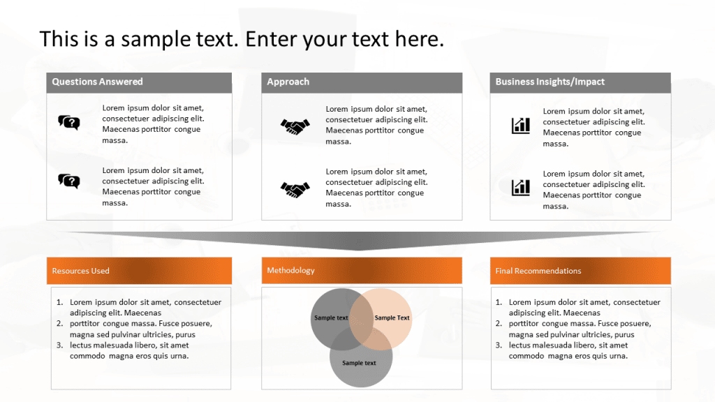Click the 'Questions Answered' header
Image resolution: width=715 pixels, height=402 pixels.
97,82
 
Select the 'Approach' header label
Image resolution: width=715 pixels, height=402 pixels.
288,82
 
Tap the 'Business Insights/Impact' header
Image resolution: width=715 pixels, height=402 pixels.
550,82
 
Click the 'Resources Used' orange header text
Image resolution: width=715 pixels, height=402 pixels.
80,271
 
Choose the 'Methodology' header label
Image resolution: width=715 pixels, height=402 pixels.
290,270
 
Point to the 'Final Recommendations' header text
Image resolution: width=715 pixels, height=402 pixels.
538,271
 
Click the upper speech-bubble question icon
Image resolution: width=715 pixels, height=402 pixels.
68,123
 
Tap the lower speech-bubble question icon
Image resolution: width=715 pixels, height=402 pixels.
68,181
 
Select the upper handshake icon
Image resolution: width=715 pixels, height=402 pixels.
295,126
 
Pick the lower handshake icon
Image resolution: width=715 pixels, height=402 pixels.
295,188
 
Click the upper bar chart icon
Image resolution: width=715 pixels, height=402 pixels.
520,126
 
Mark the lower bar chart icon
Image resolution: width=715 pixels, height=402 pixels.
520,187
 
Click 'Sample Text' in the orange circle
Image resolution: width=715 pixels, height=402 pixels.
392,318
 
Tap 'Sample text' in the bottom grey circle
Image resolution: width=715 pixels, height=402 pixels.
359,363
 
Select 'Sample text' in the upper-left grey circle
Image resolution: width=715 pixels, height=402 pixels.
331,318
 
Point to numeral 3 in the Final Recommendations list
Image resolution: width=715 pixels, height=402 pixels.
499,345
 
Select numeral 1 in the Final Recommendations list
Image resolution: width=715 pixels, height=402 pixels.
499,302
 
